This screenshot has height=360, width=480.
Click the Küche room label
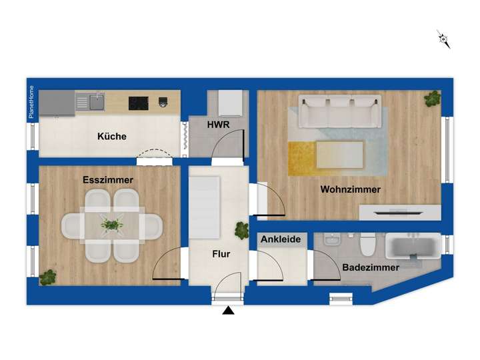(x=111, y=137)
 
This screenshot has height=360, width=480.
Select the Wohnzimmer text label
(x=350, y=189)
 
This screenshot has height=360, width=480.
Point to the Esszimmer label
(x=108, y=180)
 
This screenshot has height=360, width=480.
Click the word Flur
(x=221, y=254)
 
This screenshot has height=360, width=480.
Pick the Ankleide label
(x=280, y=239)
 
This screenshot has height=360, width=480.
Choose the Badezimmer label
(x=371, y=267)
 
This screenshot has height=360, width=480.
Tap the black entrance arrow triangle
(x=229, y=311)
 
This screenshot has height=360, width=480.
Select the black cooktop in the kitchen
(x=139, y=103)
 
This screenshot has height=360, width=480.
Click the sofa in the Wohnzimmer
(x=340, y=111)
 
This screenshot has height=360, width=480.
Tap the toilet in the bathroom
(x=367, y=247)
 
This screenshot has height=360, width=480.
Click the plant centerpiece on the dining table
(x=112, y=225)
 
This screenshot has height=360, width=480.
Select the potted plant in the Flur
(x=241, y=231)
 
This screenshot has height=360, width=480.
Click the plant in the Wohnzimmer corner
(x=433, y=98)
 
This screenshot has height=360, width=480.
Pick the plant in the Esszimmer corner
(x=47, y=277)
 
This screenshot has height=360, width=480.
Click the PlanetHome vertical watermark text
(x=31, y=103)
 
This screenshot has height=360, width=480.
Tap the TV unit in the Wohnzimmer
(x=399, y=213)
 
